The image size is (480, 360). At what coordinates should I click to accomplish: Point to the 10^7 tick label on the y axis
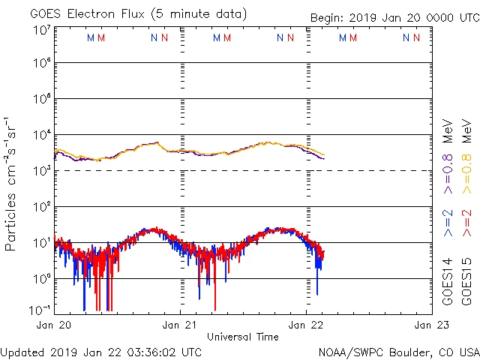tap(40, 30)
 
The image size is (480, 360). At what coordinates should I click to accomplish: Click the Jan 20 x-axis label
tap(54, 325)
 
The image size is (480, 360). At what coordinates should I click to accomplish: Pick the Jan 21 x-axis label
tap(180, 325)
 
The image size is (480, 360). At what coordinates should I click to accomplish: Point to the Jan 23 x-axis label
tap(430, 325)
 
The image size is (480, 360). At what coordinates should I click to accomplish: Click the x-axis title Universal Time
tap(243, 337)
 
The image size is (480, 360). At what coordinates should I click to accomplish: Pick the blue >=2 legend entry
tap(448, 223)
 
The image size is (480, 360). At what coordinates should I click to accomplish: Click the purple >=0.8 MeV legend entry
tap(448, 150)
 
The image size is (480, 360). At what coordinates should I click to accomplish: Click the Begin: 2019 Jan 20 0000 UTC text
tap(394, 18)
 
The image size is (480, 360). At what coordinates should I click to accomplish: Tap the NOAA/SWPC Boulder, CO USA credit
tap(398, 352)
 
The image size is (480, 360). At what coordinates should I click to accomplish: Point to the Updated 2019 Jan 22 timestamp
tap(101, 352)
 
